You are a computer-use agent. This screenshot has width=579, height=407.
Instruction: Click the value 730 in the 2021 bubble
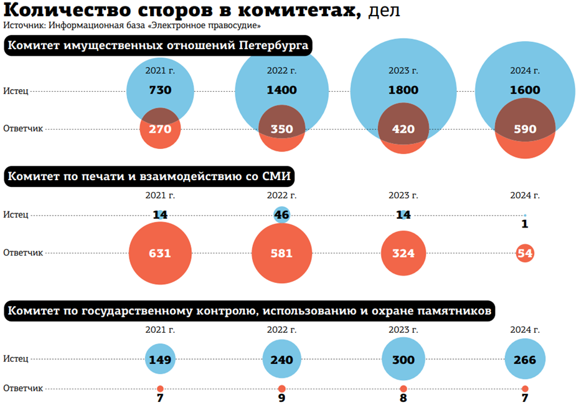[160, 90]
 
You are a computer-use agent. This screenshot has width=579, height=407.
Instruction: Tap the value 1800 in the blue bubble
[403, 90]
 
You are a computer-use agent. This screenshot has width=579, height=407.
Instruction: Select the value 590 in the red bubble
[525, 129]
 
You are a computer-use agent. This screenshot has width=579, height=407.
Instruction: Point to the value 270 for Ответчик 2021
[160, 129]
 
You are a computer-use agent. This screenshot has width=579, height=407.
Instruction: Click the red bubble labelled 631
[160, 254]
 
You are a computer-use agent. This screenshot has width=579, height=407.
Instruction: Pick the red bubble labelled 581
[281, 254]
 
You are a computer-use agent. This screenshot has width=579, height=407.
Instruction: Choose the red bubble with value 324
[403, 254]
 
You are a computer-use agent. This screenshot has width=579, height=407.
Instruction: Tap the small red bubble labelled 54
[525, 254]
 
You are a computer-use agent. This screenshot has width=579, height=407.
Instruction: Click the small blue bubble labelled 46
[281, 215]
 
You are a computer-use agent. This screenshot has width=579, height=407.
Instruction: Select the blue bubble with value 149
[160, 360]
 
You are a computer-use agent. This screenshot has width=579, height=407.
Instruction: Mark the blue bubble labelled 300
[403, 360]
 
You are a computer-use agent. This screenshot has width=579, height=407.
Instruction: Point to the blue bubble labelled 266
[525, 360]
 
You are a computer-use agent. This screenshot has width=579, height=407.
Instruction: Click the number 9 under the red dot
[281, 398]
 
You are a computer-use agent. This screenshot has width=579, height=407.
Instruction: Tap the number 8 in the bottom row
[403, 398]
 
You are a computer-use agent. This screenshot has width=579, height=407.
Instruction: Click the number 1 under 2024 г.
[525, 224]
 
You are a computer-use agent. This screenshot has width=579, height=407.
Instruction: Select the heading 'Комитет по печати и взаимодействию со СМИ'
[149, 177]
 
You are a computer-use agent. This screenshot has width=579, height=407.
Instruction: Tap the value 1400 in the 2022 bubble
[281, 90]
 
